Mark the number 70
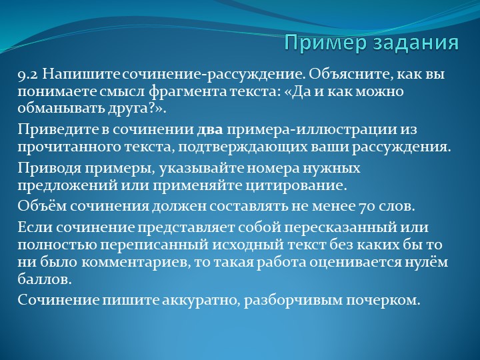(x=366, y=205)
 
